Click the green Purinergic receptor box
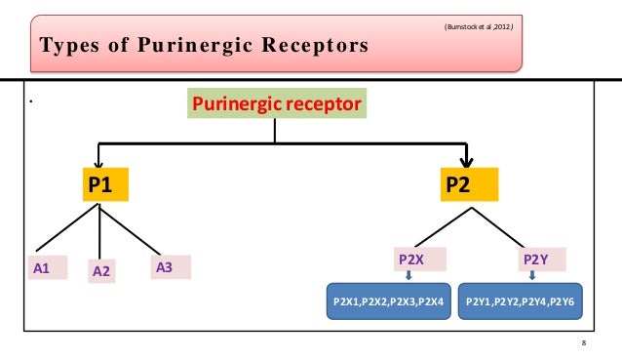coord(278,103)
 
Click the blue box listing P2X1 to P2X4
coord(389,302)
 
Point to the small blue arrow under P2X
coord(408,276)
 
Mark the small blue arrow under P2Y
coord(531,276)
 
